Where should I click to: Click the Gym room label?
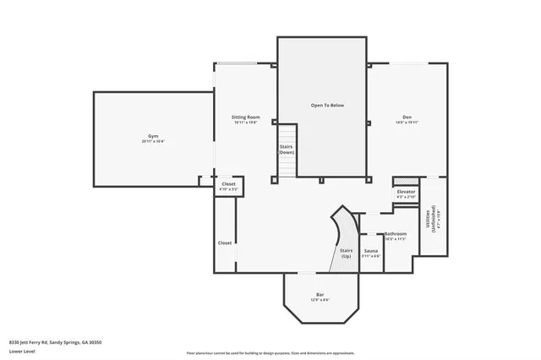[153, 135]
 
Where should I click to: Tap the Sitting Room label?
[245, 117]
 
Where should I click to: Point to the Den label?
[407, 117]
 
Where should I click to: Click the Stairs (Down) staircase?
[287, 150]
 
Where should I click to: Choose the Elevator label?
[406, 192]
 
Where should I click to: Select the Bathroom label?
[396, 233]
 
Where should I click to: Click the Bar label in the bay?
[320, 294]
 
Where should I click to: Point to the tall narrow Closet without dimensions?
[225, 243]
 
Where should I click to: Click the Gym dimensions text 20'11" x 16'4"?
[153, 141]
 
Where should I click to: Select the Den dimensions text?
[407, 123]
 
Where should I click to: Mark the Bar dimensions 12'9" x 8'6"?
[320, 300]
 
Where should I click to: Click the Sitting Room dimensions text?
[245, 123]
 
